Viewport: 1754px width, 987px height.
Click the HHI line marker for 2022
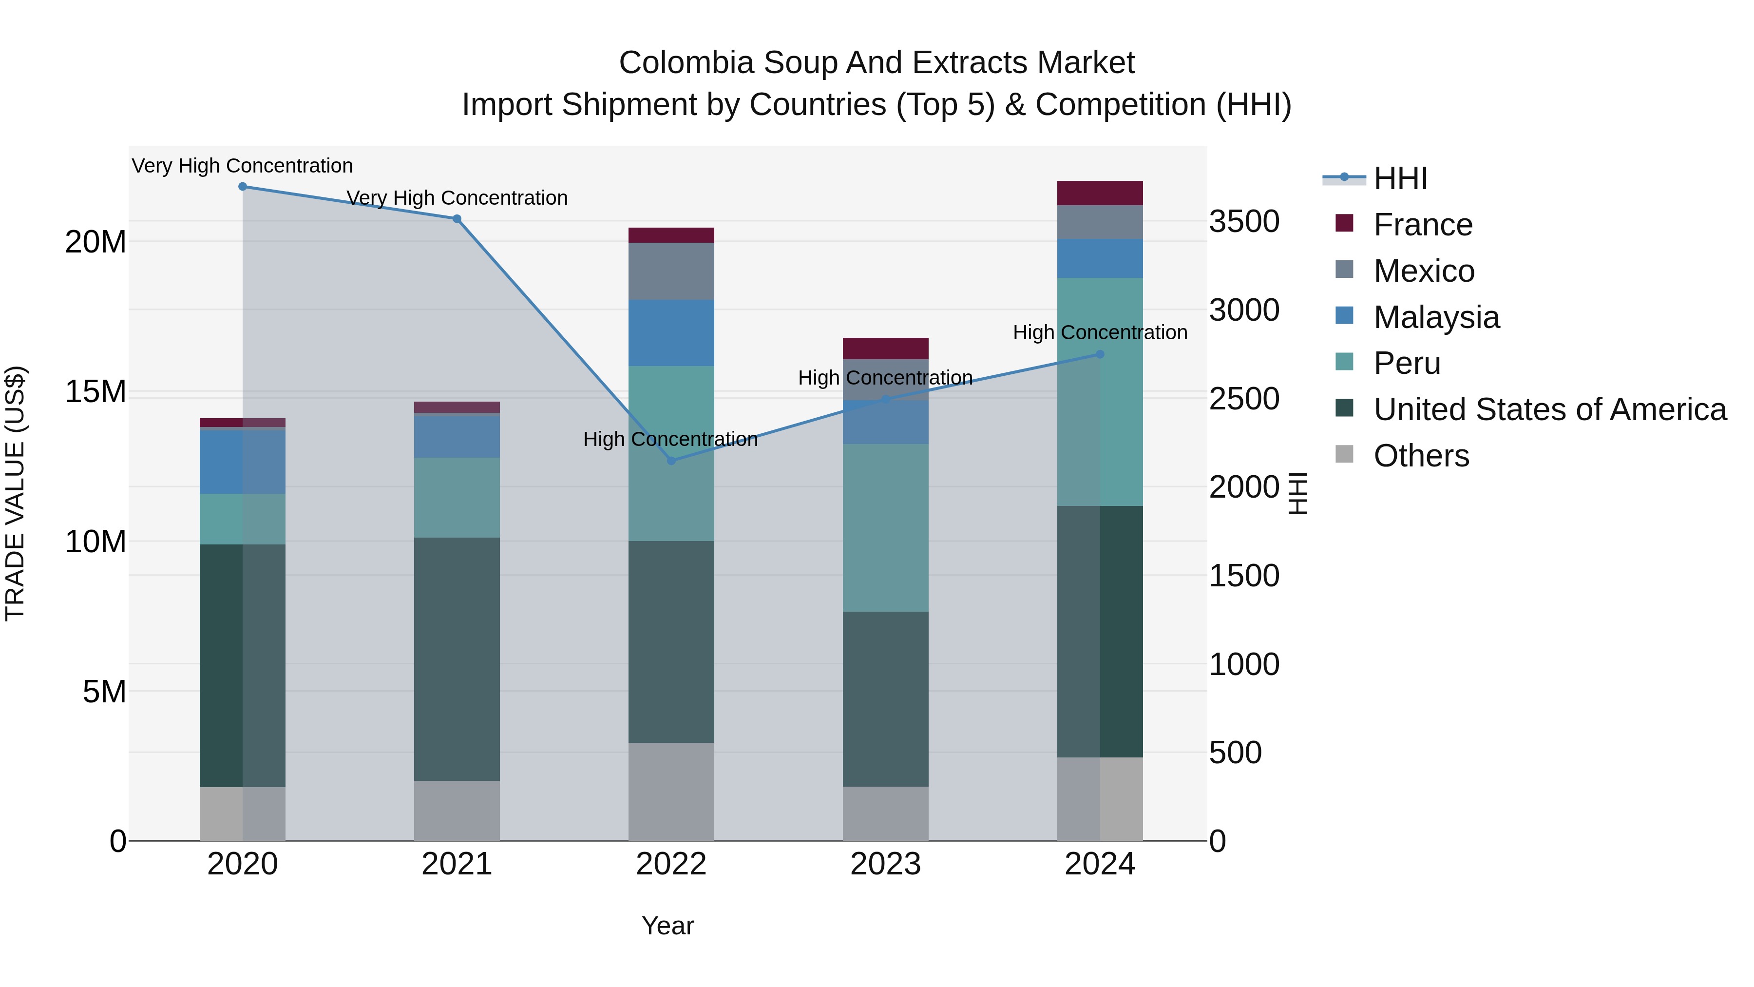pos(671,461)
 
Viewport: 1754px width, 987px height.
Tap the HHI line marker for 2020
pos(243,187)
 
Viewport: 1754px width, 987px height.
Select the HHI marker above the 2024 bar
pos(1100,354)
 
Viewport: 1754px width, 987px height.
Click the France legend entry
pos(1422,225)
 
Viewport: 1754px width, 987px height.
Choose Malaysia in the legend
pos(1436,317)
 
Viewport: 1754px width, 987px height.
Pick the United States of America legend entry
pos(1549,409)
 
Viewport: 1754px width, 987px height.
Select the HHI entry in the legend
pos(1399,178)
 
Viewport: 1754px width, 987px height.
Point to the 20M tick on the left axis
pos(95,242)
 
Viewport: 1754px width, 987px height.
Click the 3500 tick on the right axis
pos(1244,222)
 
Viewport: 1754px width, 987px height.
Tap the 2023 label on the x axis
pos(885,864)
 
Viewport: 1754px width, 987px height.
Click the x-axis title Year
pos(667,926)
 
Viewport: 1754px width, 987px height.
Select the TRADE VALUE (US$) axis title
pos(15,493)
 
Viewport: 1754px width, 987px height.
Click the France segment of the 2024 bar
pos(1100,193)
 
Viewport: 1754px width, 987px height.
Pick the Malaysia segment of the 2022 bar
pos(671,332)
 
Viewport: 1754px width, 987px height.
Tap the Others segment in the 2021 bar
pos(457,810)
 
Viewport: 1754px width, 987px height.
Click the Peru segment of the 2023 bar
pos(885,527)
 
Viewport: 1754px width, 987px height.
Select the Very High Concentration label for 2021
pos(457,197)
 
